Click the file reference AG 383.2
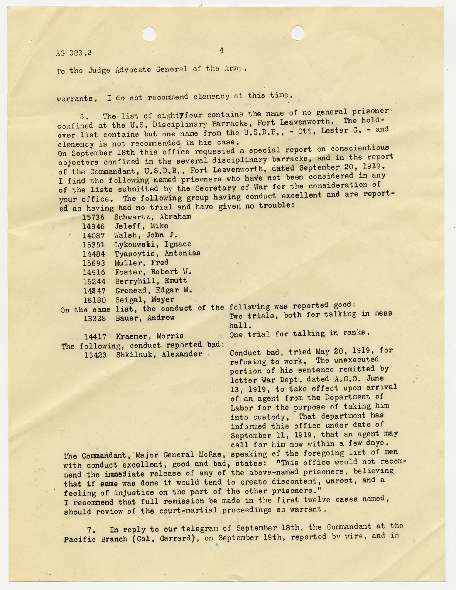[74, 53]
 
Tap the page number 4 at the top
[222, 50]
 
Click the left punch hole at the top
[149, 33]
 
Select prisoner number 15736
[93, 217]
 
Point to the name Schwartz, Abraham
[153, 217]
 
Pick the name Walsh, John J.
[146, 235]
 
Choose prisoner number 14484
[94, 254]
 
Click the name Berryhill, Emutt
[151, 281]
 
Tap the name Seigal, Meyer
[145, 300]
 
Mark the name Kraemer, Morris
[150, 336]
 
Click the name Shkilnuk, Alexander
[159, 354]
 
